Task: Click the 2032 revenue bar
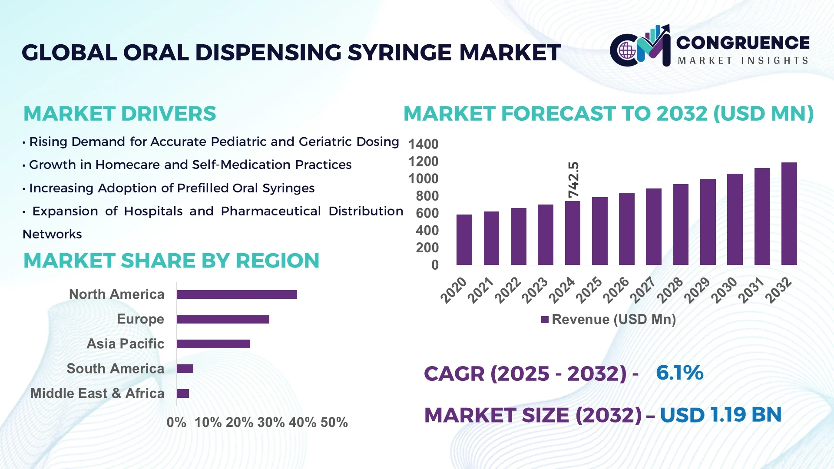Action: click(789, 214)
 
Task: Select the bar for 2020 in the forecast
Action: click(464, 240)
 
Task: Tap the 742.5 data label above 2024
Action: click(574, 180)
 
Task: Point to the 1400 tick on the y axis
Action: click(423, 144)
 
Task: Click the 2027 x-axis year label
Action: click(643, 290)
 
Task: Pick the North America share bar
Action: click(237, 294)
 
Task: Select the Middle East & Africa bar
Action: click(183, 393)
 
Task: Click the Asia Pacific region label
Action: click(125, 343)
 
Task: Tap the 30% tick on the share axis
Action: click(271, 422)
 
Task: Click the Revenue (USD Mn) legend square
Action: click(545, 320)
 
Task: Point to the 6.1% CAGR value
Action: click(679, 373)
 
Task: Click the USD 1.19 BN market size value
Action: click(721, 415)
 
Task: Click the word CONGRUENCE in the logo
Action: click(743, 43)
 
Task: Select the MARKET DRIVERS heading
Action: click(119, 114)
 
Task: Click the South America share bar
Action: click(185, 369)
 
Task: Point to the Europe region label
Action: click(140, 319)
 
